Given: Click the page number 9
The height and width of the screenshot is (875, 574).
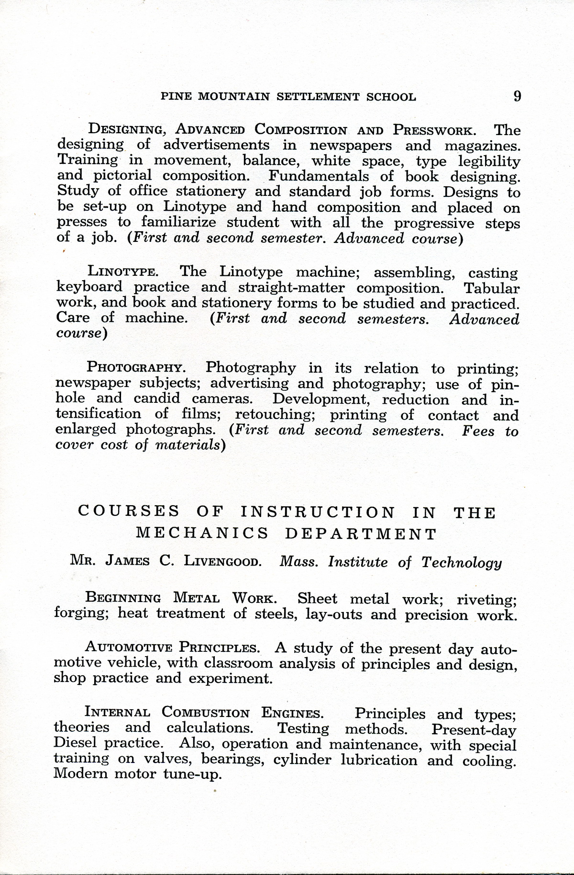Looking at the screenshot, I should [517, 96].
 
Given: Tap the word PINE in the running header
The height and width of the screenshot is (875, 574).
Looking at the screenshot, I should [176, 97].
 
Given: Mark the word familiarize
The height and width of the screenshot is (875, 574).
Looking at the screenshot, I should [178, 223].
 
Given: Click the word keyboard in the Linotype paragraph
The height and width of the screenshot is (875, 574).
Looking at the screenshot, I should [89, 288].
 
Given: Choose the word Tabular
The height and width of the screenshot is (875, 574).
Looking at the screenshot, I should [492, 288].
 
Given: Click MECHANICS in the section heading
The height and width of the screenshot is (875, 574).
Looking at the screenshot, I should [202, 534].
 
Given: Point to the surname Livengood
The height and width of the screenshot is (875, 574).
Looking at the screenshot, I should [223, 561].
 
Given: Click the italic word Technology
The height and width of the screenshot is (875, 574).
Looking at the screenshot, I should [462, 562].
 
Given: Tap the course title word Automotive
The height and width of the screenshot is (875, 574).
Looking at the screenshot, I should [129, 648].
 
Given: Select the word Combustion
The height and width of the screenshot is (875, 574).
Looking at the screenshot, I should [206, 713].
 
